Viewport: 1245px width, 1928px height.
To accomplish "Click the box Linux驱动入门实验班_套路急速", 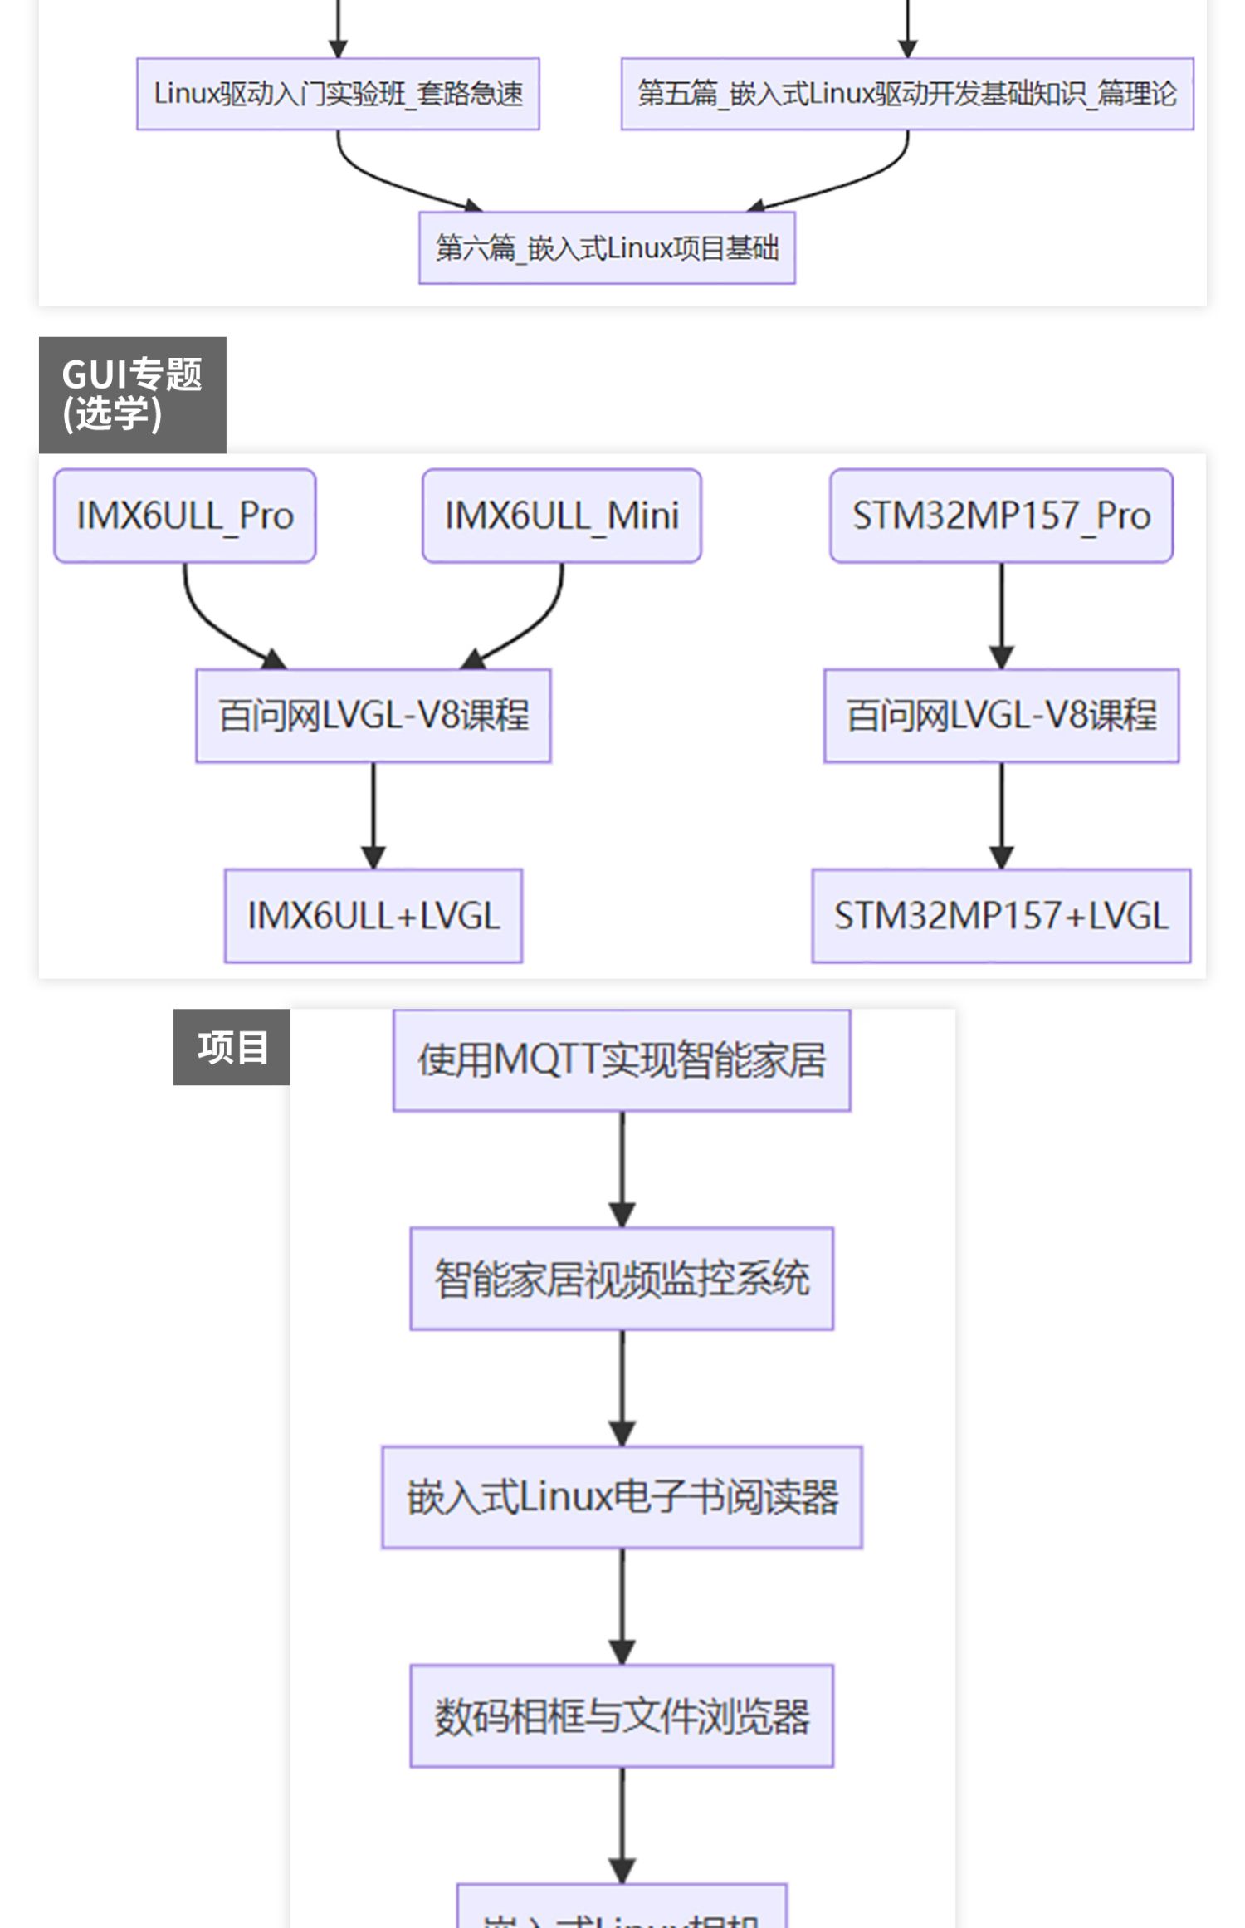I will (338, 94).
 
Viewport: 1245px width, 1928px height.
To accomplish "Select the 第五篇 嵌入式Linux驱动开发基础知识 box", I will (906, 94).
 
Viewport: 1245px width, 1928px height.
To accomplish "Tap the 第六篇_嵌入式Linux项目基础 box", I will (607, 247).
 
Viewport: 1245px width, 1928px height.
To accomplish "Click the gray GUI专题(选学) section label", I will (132, 394).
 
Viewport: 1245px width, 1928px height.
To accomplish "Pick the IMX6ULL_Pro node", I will (185, 516).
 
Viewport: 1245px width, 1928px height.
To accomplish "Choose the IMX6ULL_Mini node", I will (562, 516).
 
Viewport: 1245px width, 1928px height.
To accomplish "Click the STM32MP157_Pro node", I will (1001, 516).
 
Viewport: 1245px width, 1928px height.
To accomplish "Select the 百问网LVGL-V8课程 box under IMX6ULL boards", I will (373, 716).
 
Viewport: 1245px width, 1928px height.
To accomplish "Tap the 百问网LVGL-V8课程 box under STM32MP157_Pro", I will (1001, 716).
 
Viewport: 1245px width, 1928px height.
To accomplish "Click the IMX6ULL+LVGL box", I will (373, 916).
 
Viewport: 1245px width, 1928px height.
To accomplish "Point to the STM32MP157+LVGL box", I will (1001, 916).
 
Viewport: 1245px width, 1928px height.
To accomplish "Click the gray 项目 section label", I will (232, 1047).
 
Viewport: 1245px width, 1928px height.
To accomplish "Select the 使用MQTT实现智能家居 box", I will (622, 1060).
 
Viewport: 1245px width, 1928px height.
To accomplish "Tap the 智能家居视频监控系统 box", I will (622, 1279).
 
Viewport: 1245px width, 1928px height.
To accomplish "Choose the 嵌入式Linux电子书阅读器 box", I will (622, 1497).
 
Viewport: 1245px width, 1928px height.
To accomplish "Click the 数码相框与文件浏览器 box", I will (622, 1715).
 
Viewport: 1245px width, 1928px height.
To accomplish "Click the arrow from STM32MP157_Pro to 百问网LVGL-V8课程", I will (1001, 614).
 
